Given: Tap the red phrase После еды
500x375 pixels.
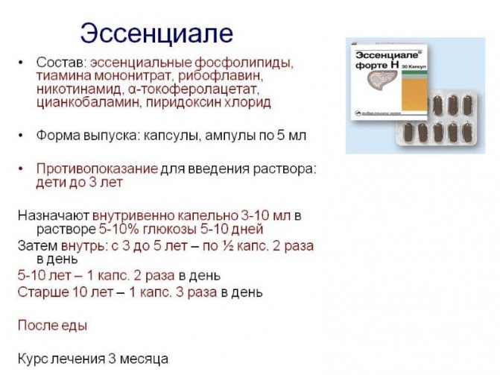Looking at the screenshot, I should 51,326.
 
